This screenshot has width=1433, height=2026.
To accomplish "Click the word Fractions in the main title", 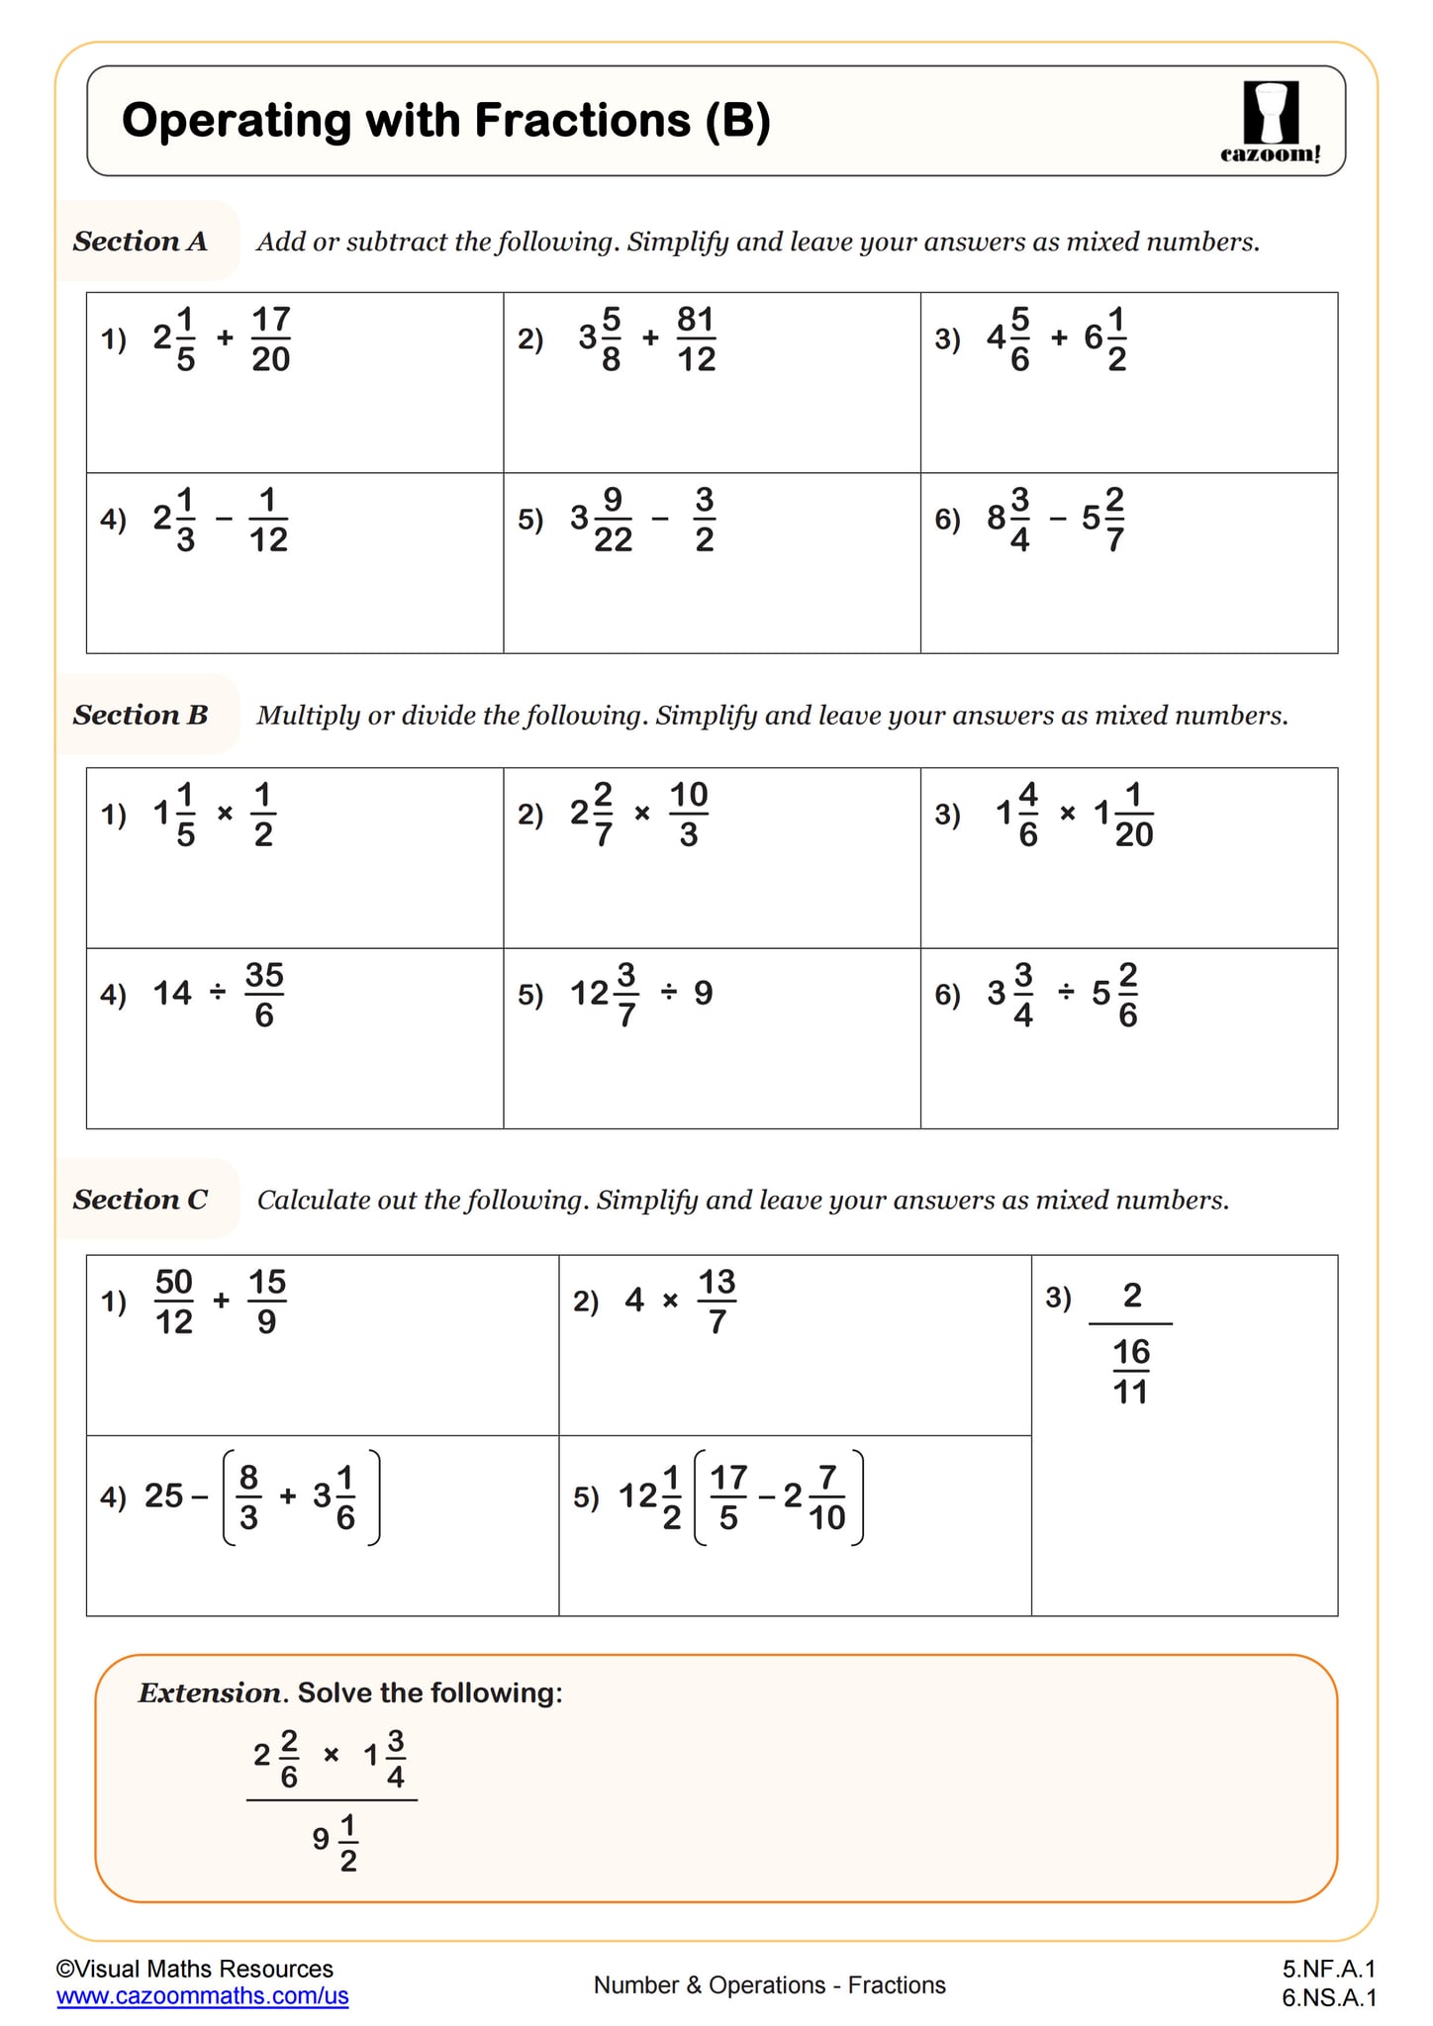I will pyautogui.click(x=582, y=121).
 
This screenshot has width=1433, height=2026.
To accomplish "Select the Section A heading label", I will pyautogui.click(x=141, y=241).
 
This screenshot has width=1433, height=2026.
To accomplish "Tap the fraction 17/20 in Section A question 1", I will pyautogui.click(x=270, y=338).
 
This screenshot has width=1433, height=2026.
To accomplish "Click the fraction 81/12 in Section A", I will pyautogui.click(x=696, y=338).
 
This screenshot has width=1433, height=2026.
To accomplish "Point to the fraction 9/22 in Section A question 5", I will pyautogui.click(x=613, y=519).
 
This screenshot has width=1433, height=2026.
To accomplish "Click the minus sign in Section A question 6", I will pyautogui.click(x=1058, y=519).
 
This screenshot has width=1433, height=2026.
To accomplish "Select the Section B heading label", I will pyautogui.click(x=141, y=715).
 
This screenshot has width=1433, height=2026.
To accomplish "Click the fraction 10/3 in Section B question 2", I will pyautogui.click(x=689, y=814).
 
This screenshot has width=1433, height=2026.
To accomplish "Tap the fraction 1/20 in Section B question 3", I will pyautogui.click(x=1133, y=814).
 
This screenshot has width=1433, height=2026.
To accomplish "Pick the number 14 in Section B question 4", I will pyautogui.click(x=172, y=993).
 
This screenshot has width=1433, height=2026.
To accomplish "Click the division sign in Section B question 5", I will pyautogui.click(x=669, y=993).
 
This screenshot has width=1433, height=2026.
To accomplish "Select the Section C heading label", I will pyautogui.click(x=141, y=1200).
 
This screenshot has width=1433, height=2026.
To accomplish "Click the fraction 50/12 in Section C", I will pyautogui.click(x=174, y=1302).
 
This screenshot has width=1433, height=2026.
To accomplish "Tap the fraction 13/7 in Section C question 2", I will pyautogui.click(x=717, y=1302).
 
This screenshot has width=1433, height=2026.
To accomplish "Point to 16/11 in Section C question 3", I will pyautogui.click(x=1130, y=1372).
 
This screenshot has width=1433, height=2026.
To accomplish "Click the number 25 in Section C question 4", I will pyautogui.click(x=164, y=1495).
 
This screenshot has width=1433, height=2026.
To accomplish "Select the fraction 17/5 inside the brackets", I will pyautogui.click(x=728, y=1496).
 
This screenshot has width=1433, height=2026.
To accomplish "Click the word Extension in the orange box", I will pyautogui.click(x=210, y=1692).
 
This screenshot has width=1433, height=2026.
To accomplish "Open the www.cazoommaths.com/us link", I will pyautogui.click(x=203, y=1995).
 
